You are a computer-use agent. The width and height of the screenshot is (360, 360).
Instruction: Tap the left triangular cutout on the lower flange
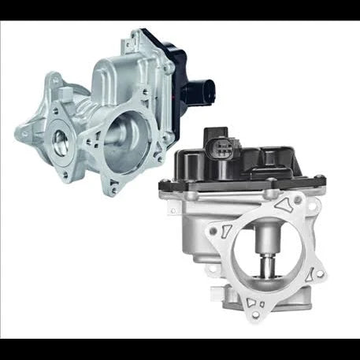coord(224,232)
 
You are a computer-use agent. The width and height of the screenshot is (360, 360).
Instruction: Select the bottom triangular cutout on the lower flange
coord(252,302)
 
